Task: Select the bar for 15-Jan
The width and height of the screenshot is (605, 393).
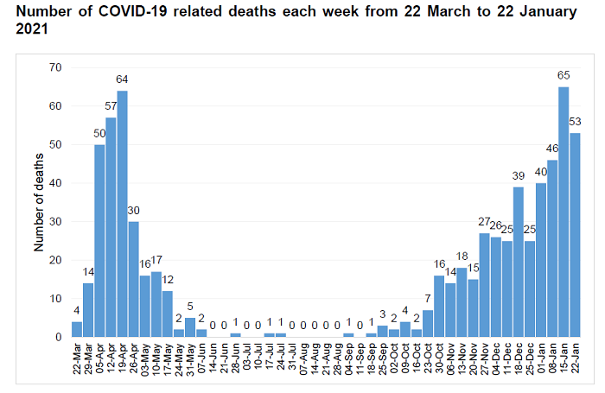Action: (x=564, y=212)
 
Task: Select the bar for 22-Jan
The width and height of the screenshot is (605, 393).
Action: (x=575, y=235)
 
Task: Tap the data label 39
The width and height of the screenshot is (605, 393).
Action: (x=519, y=176)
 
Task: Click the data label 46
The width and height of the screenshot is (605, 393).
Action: (x=552, y=149)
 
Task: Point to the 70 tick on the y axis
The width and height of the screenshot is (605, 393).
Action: (x=56, y=67)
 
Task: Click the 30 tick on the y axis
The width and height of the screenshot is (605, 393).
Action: (x=56, y=222)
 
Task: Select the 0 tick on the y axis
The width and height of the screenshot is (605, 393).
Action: (x=59, y=337)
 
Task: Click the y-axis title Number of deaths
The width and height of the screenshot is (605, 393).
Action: (x=38, y=202)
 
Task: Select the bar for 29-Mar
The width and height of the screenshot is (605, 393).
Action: (x=88, y=310)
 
